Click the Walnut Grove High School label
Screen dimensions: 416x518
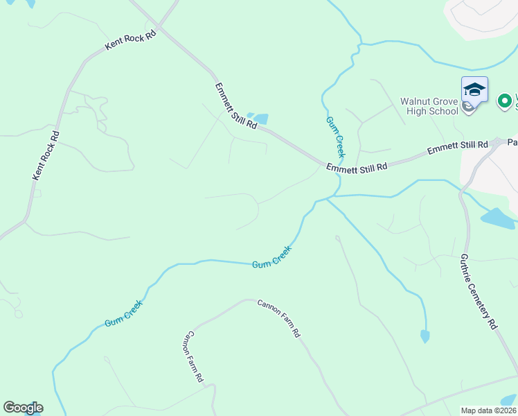429,105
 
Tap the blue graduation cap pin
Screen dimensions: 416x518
474,90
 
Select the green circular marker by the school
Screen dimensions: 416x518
505,101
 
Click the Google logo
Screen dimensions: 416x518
23,408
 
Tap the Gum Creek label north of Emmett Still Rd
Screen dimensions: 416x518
335,137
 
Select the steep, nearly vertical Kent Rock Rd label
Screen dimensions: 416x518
46,156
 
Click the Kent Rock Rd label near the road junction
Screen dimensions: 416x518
130,42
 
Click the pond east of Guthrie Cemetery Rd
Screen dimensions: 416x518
498,218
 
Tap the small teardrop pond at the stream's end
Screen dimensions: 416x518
425,337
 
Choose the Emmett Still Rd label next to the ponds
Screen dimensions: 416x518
235,107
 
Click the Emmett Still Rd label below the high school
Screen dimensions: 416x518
458,147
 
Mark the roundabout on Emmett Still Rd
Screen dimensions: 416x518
498,143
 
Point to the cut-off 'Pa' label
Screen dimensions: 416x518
512,141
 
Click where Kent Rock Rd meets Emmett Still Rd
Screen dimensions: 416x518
159,27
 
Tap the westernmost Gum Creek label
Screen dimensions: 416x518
124,313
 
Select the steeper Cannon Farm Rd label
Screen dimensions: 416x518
192,357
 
